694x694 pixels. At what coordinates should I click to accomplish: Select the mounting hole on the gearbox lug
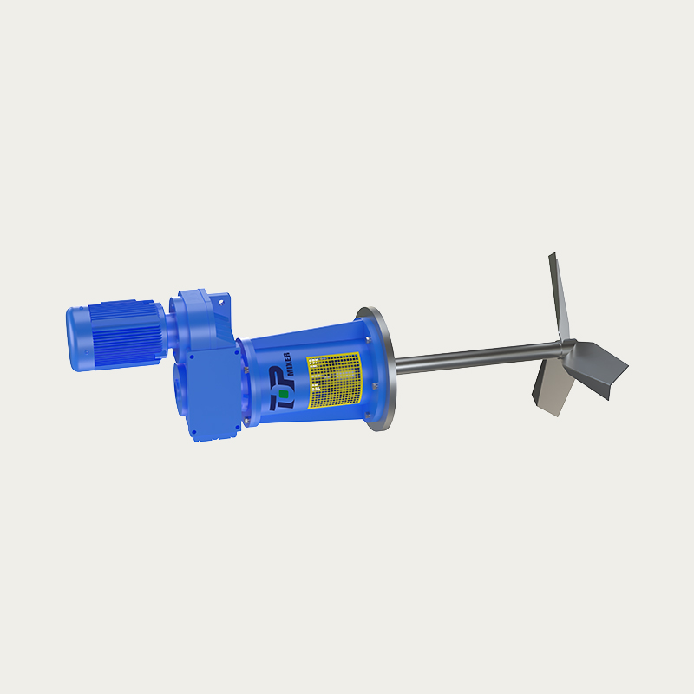[x=223, y=303]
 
